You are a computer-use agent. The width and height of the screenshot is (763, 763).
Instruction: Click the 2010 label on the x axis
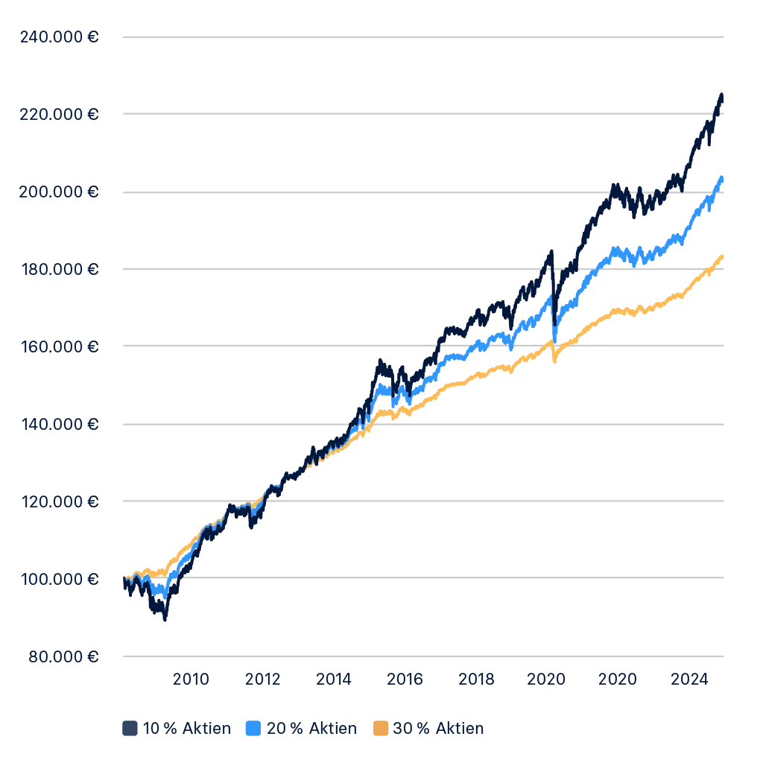click(x=191, y=678)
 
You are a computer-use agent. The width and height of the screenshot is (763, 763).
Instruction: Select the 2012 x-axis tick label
click(x=262, y=678)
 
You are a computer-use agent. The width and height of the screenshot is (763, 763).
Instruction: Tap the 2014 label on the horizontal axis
click(x=333, y=678)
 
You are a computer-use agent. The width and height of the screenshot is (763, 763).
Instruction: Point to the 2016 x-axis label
click(x=405, y=678)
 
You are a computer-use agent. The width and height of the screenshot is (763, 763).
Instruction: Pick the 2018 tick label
click(x=476, y=678)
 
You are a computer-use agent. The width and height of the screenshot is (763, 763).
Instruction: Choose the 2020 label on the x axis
click(x=546, y=678)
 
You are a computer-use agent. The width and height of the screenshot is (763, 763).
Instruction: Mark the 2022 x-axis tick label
click(x=618, y=678)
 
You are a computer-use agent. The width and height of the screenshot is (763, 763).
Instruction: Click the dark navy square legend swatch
click(x=128, y=729)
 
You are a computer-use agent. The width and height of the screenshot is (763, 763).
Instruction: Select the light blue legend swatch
click(x=253, y=729)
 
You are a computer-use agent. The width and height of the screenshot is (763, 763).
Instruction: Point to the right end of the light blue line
click(x=722, y=178)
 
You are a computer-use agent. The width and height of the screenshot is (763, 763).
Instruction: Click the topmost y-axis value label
click(x=59, y=39)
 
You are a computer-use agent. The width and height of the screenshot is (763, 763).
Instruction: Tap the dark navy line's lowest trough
click(x=163, y=618)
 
